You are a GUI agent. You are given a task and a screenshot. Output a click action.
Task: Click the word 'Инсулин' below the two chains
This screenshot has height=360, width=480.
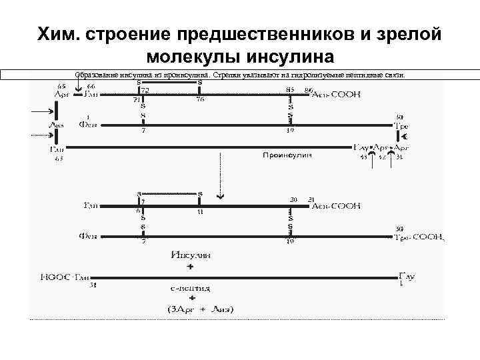191,254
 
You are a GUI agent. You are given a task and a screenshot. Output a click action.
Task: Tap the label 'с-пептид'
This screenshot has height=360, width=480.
191,289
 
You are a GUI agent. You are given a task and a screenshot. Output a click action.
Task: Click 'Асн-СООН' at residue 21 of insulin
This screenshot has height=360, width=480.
336,206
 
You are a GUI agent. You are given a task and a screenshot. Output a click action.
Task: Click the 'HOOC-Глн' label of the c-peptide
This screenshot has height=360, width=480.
65,277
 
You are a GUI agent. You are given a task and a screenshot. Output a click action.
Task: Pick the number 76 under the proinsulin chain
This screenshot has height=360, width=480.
200,101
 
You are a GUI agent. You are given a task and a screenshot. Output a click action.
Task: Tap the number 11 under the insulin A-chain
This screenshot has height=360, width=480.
199,212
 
